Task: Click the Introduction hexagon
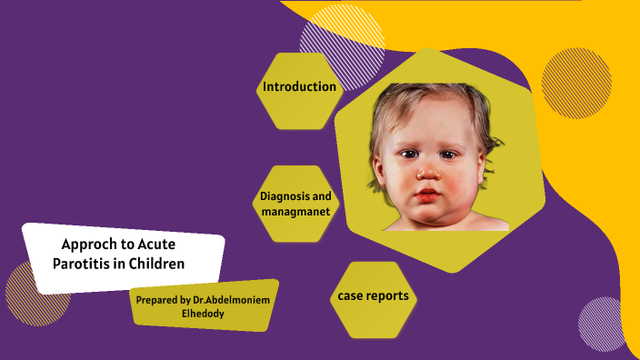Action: pos(299,87)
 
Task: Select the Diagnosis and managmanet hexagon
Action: pos(295,204)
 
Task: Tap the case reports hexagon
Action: pos(372,296)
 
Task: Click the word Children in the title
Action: pos(160,265)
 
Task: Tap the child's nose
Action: pos(425,171)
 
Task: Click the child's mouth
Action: pos(425,195)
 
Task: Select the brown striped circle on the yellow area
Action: pos(576,83)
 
